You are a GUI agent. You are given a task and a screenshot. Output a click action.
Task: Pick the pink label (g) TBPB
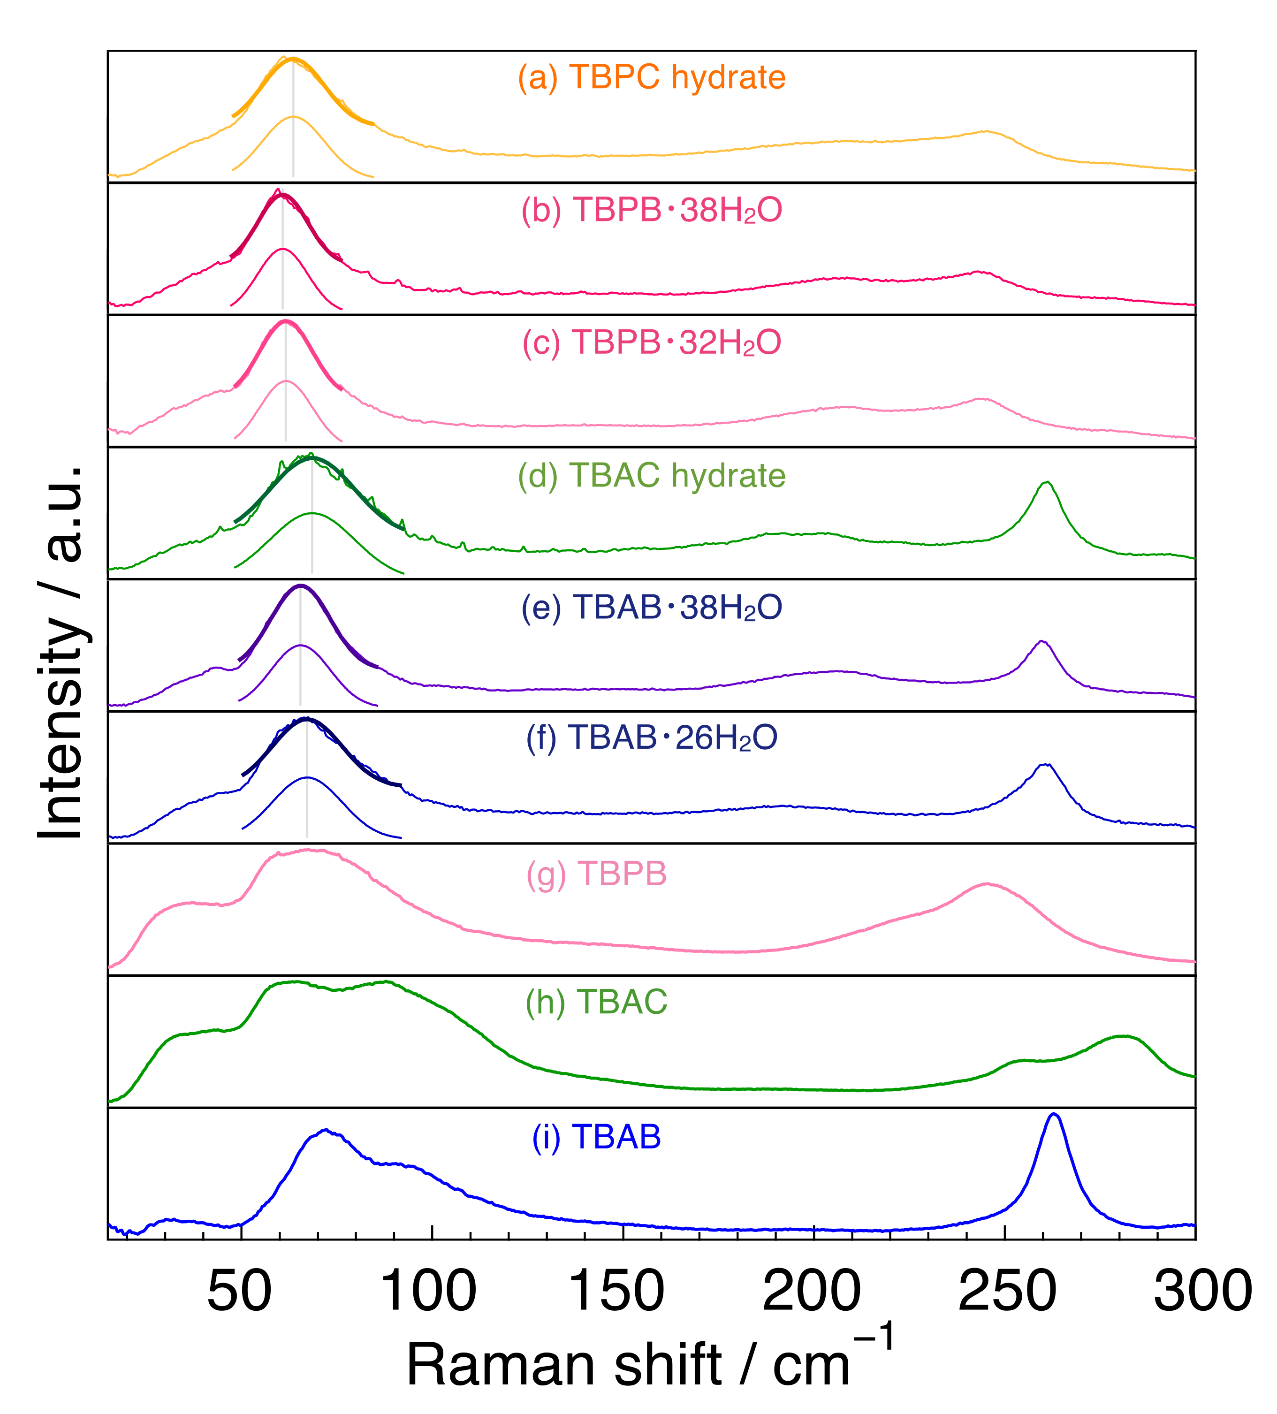(596, 874)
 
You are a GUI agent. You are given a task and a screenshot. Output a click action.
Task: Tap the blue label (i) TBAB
(596, 1136)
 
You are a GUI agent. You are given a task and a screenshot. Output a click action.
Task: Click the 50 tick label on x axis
(239, 1291)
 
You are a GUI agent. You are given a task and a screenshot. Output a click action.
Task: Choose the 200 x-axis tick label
(811, 1291)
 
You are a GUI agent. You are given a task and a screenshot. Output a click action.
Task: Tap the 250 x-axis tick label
(1006, 1291)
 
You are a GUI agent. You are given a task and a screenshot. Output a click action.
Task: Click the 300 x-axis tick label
(1202, 1291)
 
